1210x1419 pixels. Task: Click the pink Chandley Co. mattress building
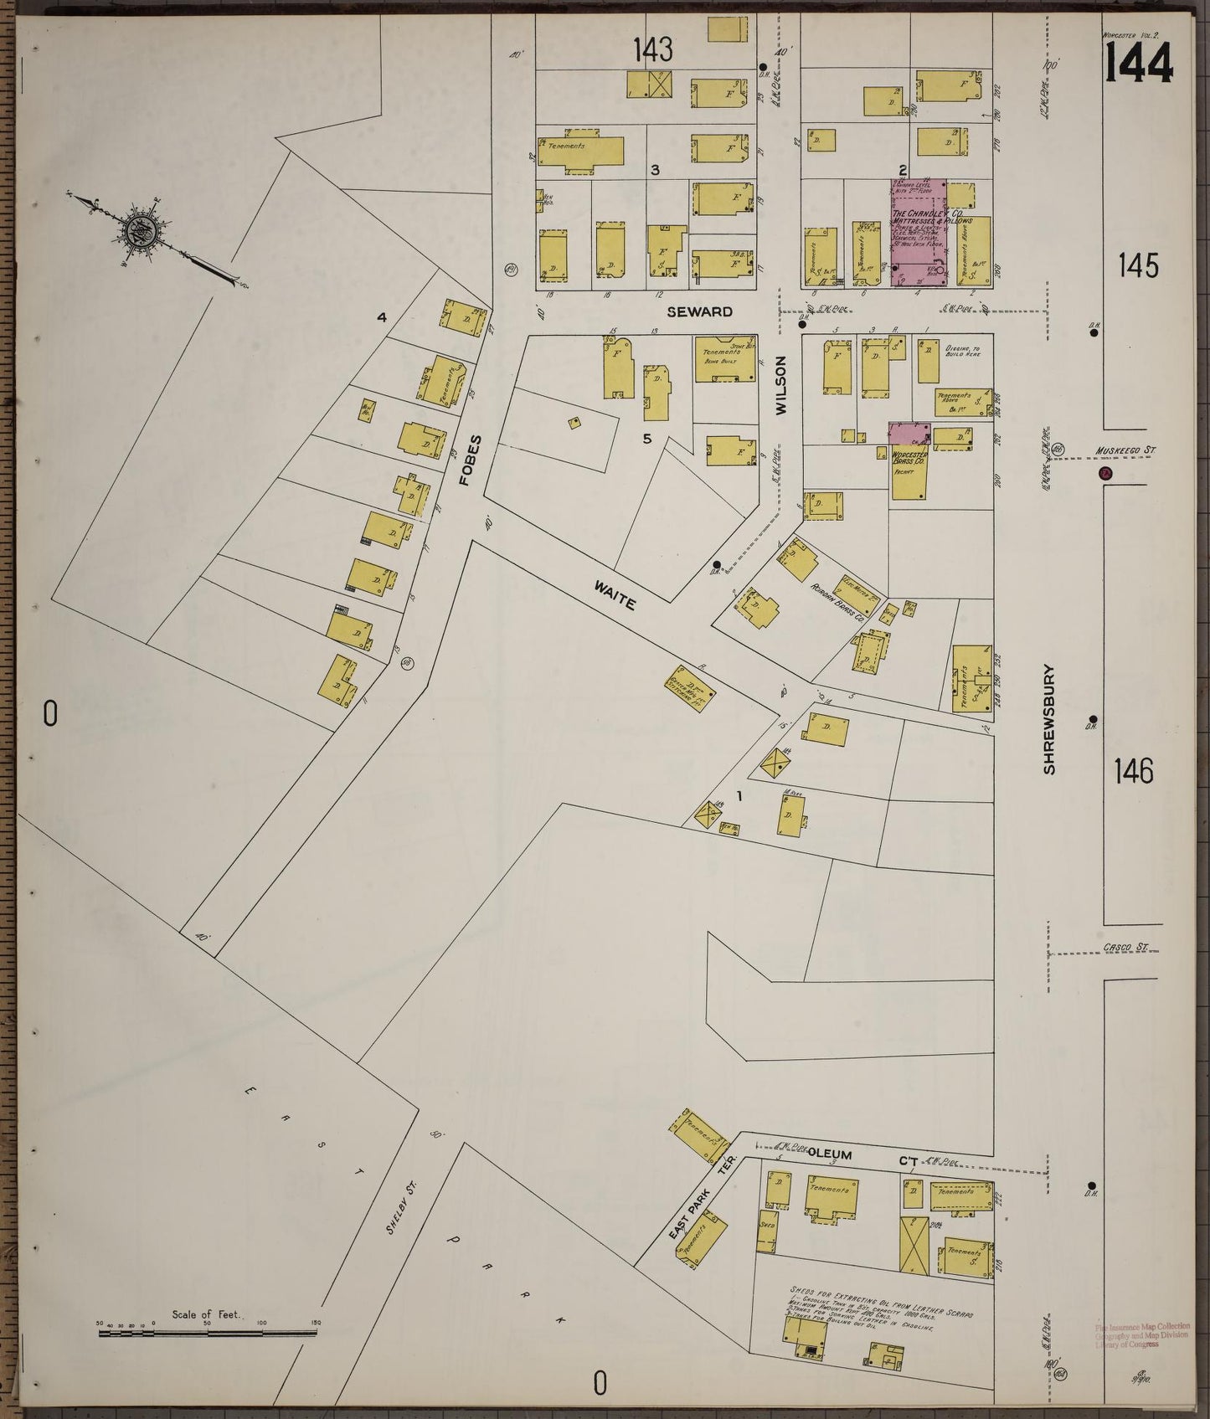click(918, 234)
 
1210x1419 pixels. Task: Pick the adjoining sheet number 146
click(1135, 770)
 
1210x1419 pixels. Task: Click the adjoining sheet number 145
click(1138, 266)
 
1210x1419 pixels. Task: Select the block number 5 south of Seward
click(646, 438)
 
